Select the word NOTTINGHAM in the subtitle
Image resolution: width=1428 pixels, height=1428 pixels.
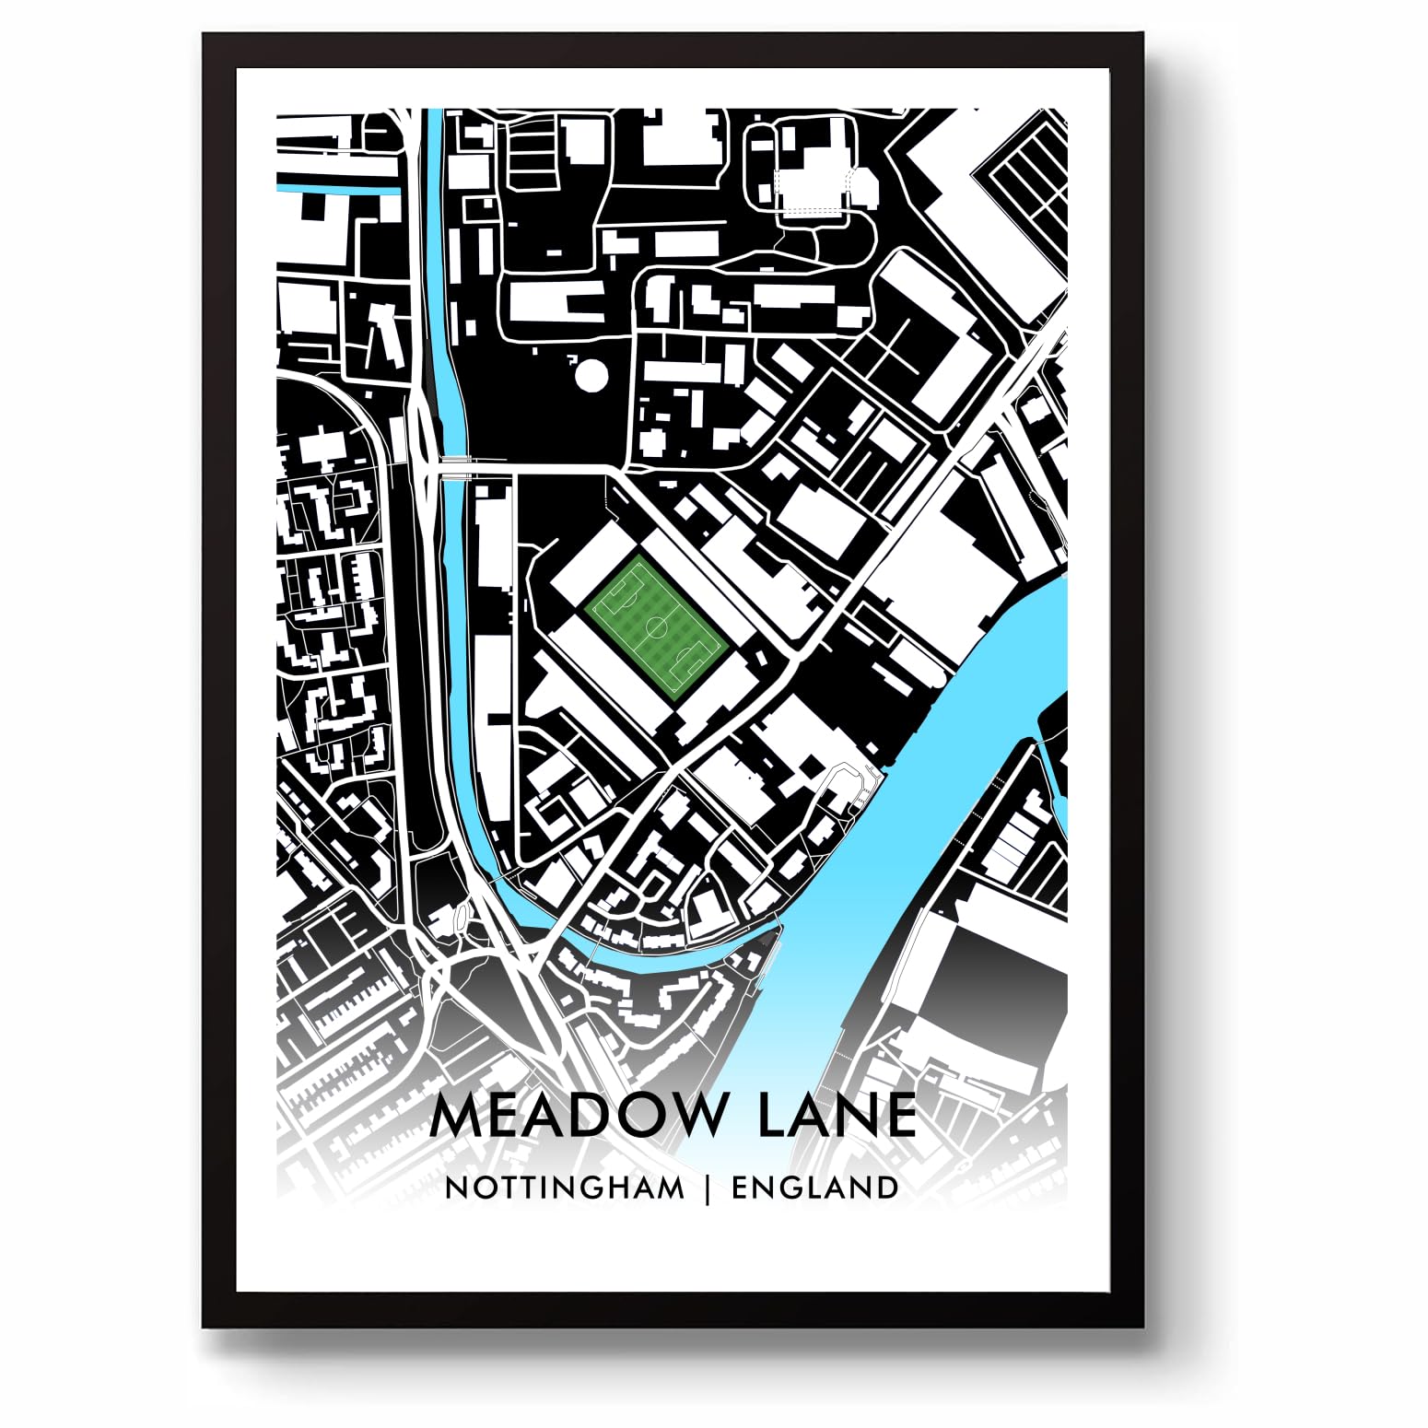point(565,1188)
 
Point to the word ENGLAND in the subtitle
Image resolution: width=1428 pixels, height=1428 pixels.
point(815,1188)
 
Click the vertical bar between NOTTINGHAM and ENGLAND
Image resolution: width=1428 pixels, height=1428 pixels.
point(708,1188)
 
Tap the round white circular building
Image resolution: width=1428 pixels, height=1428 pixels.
point(591,375)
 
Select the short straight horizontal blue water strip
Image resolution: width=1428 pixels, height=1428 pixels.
point(337,191)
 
